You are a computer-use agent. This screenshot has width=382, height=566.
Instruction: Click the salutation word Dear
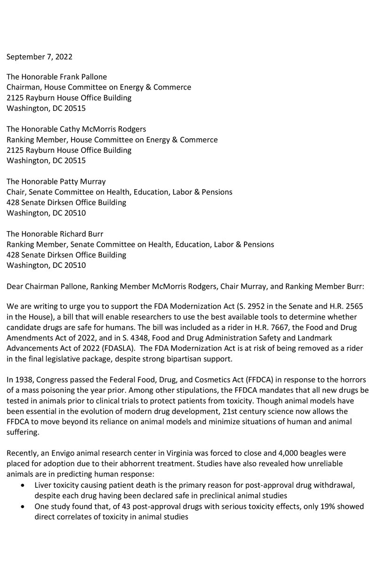click(x=15, y=285)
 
